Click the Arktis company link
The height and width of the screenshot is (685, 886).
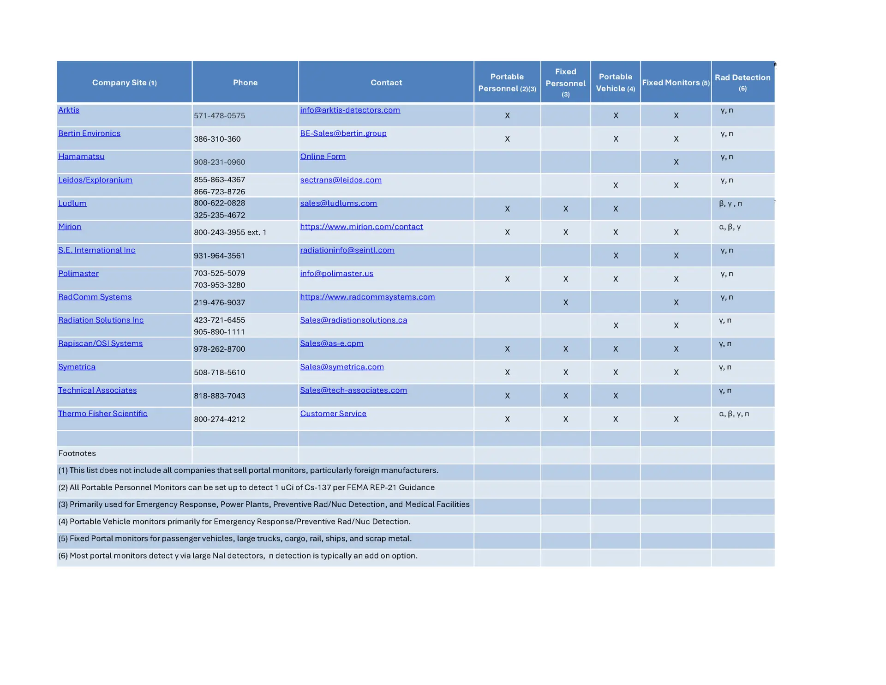tap(69, 110)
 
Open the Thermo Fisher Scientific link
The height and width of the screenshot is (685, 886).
tap(102, 414)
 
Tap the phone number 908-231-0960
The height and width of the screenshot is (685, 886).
tap(219, 162)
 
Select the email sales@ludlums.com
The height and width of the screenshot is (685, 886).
tap(338, 203)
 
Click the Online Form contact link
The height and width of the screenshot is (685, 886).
tap(323, 156)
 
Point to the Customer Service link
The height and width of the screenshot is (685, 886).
tap(333, 414)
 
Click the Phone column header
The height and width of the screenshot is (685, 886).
tap(245, 83)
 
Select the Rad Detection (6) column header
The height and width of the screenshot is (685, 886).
tap(742, 82)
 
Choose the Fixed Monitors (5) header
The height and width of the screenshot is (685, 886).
tap(676, 83)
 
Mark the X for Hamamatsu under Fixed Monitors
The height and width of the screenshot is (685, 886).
tap(676, 162)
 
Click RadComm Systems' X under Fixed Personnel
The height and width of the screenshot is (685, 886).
tap(565, 302)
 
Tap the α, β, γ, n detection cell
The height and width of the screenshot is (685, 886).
tap(734, 414)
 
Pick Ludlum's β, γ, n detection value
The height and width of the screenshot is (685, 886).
tap(730, 204)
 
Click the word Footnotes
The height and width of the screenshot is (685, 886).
tap(77, 453)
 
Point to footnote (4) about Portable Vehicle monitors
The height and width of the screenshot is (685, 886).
tap(234, 522)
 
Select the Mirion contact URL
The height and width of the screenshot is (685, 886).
tap(361, 227)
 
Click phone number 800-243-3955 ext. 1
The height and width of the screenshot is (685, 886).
tap(230, 232)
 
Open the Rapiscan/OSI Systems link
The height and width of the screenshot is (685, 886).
tap(100, 343)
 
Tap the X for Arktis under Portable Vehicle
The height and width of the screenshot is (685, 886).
tap(615, 115)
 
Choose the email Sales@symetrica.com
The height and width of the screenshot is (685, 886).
tap(341, 367)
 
